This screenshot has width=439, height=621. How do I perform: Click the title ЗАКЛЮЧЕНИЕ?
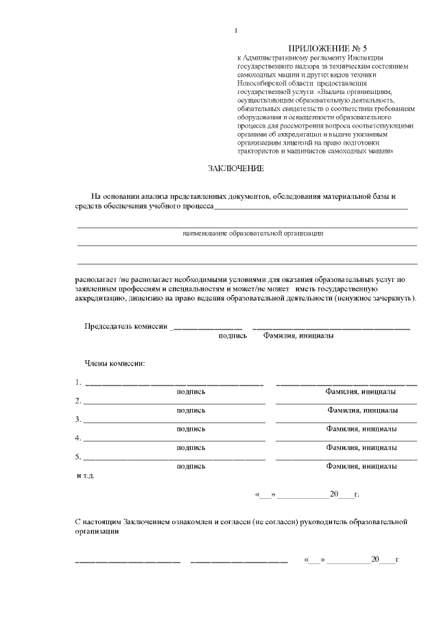pyautogui.click(x=236, y=168)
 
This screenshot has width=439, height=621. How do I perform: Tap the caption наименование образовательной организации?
pyautogui.click(x=252, y=233)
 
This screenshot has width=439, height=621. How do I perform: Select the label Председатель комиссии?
pyautogui.click(x=126, y=327)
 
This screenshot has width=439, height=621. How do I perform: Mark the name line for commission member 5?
pyautogui.click(x=346, y=458)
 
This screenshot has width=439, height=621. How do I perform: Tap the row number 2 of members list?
pyautogui.click(x=78, y=401)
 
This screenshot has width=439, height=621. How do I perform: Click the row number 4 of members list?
pyautogui.click(x=78, y=438)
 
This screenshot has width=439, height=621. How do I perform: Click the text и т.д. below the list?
pyautogui.click(x=85, y=475)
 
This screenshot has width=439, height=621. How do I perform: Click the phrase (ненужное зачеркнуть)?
pyautogui.click(x=375, y=299)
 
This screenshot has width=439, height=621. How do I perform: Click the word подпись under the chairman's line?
pyautogui.click(x=233, y=336)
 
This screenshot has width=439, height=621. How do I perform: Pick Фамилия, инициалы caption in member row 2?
pyautogui.click(x=362, y=410)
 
